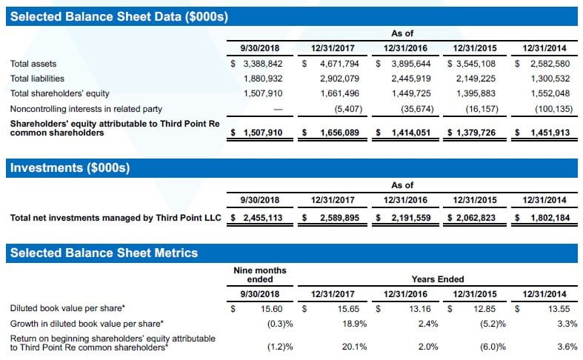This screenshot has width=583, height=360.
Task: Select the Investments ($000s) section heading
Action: pyautogui.click(x=70, y=168)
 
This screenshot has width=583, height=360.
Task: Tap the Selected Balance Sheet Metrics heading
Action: pyautogui.click(x=104, y=253)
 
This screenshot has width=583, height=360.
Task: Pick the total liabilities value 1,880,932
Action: pyautogui.click(x=263, y=79)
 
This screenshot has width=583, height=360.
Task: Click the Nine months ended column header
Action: pyautogui.click(x=259, y=275)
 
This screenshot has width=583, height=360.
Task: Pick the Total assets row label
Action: pyautogui.click(x=33, y=64)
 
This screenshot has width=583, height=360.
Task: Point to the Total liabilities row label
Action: pyautogui.click(x=38, y=79)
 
